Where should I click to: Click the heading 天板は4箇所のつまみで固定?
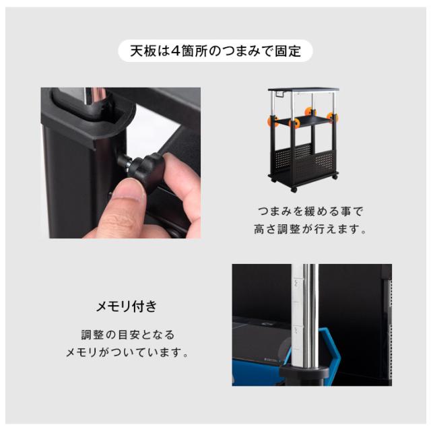point(215,51)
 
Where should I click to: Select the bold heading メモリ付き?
point(127,306)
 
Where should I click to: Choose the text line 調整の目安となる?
point(127,334)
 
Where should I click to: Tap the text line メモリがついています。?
point(127,353)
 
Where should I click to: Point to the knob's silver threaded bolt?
point(125,163)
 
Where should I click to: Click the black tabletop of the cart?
point(304,90)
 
